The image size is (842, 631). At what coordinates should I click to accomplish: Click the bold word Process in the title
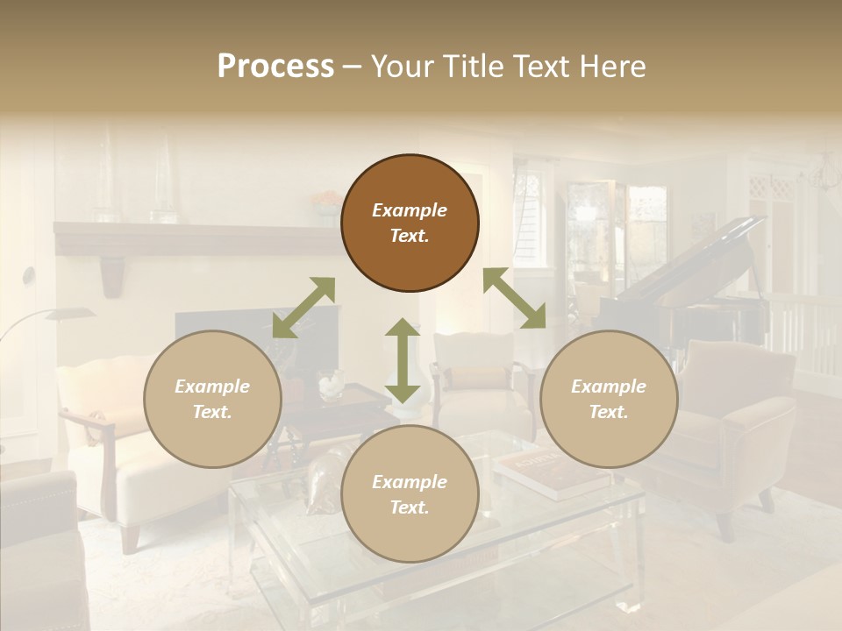pyautogui.click(x=275, y=67)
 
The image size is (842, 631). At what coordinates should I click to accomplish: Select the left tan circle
pyautogui.click(x=212, y=399)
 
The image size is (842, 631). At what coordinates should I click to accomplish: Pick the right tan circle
pyautogui.click(x=609, y=399)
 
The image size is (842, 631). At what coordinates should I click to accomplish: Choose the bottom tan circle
pyautogui.click(x=410, y=494)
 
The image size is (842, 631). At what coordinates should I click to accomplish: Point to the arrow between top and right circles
pyautogui.click(x=514, y=299)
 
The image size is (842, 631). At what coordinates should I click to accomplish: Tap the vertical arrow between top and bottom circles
pyautogui.click(x=403, y=360)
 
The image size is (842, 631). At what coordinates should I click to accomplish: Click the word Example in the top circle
pyautogui.click(x=410, y=210)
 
